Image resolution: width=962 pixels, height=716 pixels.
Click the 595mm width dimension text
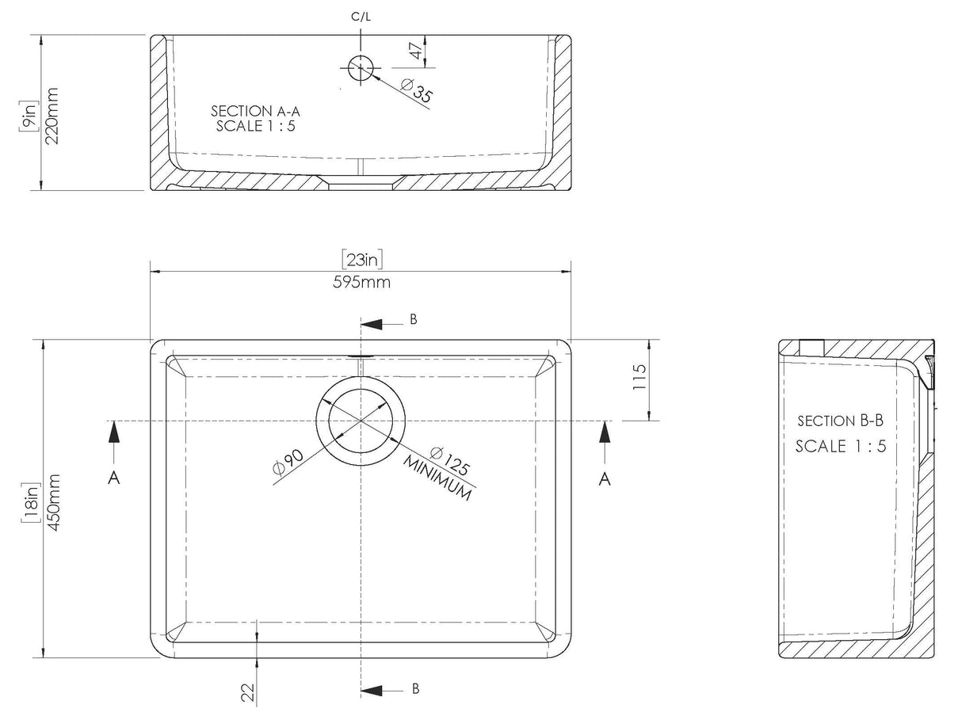click(x=361, y=282)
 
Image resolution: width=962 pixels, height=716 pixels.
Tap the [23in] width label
click(x=362, y=259)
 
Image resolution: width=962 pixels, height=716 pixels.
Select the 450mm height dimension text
click(x=54, y=503)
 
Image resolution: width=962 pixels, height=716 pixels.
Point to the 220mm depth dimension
click(x=52, y=116)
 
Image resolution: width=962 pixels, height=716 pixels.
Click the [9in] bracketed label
click(x=29, y=116)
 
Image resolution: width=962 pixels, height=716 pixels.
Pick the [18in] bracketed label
click(x=31, y=503)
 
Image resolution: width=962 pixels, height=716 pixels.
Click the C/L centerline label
click(x=361, y=17)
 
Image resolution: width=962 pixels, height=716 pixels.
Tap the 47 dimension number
click(x=415, y=51)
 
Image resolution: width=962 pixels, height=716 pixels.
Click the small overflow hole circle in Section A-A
click(x=361, y=67)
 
